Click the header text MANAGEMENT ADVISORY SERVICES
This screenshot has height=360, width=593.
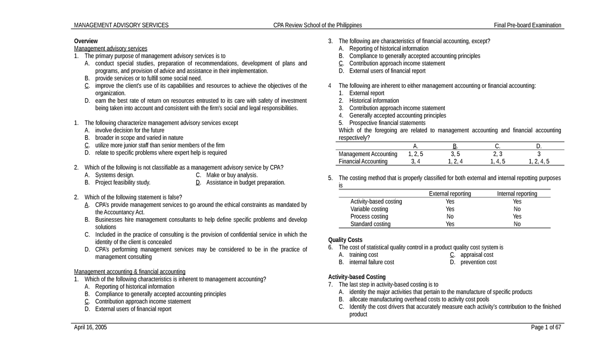[x=121, y=25]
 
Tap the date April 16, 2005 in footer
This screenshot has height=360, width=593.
[x=90, y=327]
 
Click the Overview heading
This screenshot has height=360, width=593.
[x=86, y=41]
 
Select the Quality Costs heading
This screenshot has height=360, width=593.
[x=345, y=240]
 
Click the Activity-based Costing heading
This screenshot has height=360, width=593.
[x=357, y=277]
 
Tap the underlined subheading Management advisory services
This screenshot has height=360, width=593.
[x=111, y=48]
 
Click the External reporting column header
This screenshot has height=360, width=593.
[x=450, y=194]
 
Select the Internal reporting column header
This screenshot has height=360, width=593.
[x=517, y=194]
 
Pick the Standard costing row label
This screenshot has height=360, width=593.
[x=370, y=224]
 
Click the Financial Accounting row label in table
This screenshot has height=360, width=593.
[x=363, y=161]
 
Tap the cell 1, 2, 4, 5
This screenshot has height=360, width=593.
[x=539, y=161]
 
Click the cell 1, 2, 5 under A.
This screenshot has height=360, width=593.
[x=416, y=154]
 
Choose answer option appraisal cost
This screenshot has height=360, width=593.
[x=477, y=255]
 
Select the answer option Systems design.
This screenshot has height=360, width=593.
[x=114, y=175]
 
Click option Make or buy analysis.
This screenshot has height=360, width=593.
[x=232, y=175]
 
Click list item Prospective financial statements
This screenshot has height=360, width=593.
[x=387, y=123]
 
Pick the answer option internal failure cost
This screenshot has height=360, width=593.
[x=372, y=262]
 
